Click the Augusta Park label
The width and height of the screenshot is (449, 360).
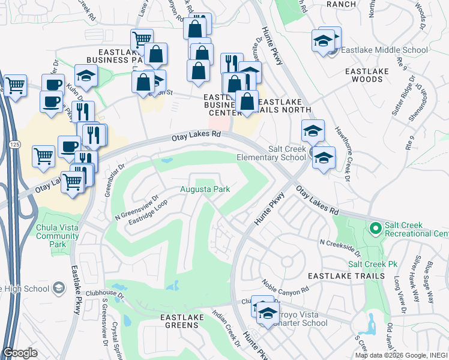pos(205,190)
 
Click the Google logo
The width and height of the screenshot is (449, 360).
pos(20,353)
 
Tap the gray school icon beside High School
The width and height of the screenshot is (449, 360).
pos(58,289)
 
